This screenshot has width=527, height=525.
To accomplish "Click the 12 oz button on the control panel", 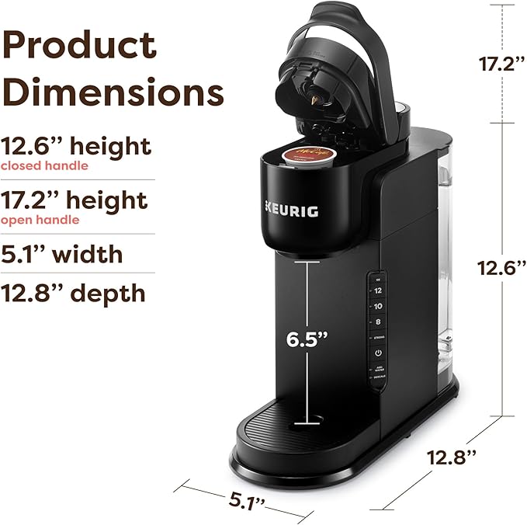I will (x=378, y=289).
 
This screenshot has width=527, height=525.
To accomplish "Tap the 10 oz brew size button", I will (x=378, y=305).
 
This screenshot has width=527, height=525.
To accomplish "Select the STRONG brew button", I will (x=378, y=338).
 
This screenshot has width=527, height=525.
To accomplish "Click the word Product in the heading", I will (x=79, y=46).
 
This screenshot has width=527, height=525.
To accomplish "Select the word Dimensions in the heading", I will (x=113, y=93).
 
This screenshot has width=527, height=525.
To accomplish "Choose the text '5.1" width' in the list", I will (x=61, y=254).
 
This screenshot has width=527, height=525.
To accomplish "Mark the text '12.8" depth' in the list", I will (x=73, y=293).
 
